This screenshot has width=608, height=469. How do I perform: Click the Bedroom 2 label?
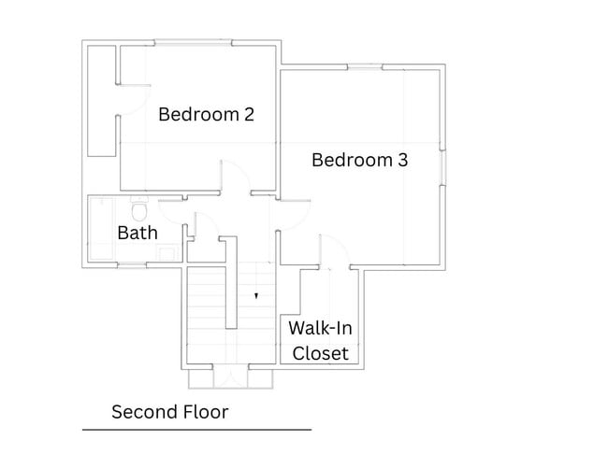coord(207,115)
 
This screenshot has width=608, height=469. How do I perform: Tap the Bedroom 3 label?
coord(360,160)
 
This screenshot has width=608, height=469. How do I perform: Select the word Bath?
coord(138,233)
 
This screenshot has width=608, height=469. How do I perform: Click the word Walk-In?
coord(320,328)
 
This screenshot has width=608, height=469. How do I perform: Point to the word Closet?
coord(320,353)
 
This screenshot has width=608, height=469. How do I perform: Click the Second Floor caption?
coord(170,412)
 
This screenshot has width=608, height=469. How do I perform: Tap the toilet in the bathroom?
coord(138,209)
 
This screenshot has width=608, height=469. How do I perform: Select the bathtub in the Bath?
coord(102,229)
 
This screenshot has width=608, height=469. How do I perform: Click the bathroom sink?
coord(167,254)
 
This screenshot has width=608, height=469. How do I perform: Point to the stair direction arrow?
coord(256,296)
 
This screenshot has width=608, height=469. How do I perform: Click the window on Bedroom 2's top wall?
coord(193,43)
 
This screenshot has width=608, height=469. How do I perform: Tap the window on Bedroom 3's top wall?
coord(365,67)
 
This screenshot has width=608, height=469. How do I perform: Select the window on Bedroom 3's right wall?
coord(442,167)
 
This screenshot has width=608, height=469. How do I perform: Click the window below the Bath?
coord(132,265)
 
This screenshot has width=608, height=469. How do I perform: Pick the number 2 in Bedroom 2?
coord(250,115)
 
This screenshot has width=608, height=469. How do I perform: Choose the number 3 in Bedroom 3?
coord(403,160)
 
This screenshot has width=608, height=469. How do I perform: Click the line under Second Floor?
coord(197,430)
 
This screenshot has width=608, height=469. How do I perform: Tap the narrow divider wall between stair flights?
coord(231,283)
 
